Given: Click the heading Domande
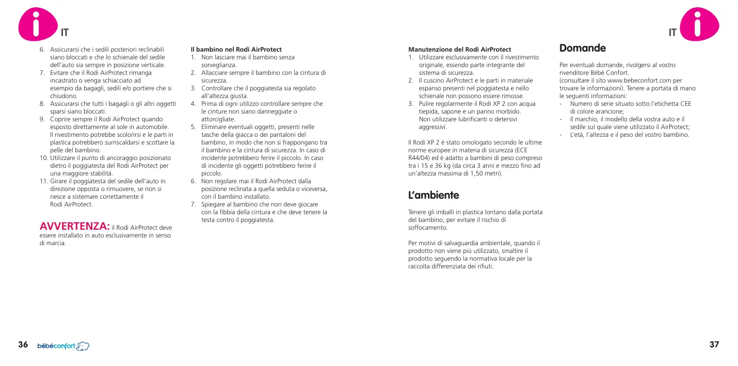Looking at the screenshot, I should [583, 48].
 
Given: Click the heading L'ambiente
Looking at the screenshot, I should [433, 195].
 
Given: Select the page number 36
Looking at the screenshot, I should [23, 345].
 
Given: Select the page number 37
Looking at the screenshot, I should [714, 345].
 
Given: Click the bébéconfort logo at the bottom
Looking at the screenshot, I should [63, 345].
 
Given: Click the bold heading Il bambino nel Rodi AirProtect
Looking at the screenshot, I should [236, 50].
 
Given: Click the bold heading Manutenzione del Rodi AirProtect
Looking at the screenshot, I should [459, 50].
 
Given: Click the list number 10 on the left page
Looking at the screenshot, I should [44, 157].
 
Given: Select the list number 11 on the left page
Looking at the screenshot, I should [44, 181].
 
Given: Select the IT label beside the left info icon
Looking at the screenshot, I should [65, 33].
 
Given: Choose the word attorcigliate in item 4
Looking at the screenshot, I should [218, 119].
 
